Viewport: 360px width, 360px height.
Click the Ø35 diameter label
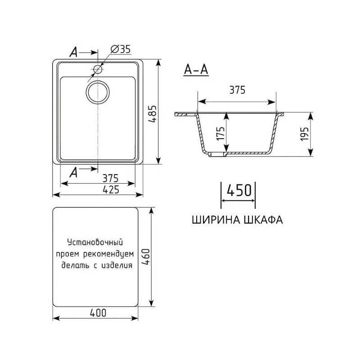[120, 50]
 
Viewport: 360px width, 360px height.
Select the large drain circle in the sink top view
[97, 92]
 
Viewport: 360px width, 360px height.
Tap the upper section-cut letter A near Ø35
[74, 53]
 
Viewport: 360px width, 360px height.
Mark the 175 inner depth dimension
[220, 134]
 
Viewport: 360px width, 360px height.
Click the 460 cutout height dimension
[145, 257]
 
